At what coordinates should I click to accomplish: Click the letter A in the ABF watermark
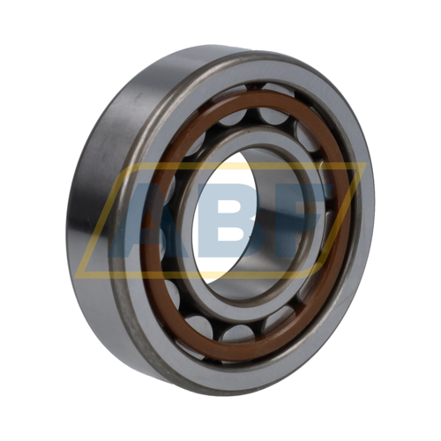click(x=138, y=223)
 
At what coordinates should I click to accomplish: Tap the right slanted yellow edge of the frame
click(x=341, y=220)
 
